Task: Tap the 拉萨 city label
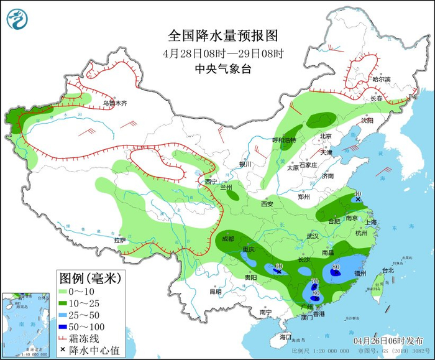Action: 120,240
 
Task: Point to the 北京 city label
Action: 326,136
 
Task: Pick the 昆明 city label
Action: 215,291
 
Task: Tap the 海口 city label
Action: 285,336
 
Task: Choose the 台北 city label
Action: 387,270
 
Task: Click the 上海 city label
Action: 373,222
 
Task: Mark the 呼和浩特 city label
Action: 285,140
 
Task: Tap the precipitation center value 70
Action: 314,282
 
